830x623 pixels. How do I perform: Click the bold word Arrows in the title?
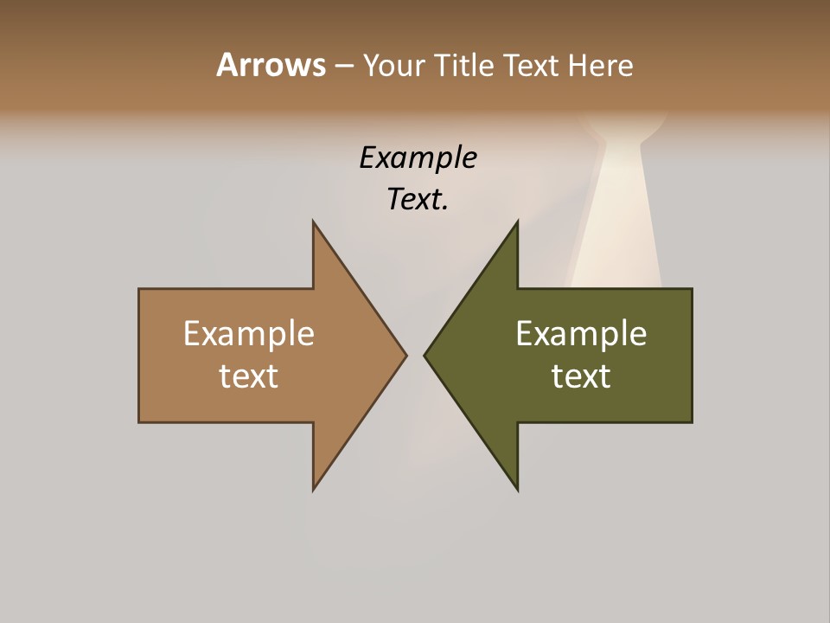pos(271,65)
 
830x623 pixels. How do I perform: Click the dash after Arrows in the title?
pos(343,67)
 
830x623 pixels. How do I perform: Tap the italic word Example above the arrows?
pos(418,157)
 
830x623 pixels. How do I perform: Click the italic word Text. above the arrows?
pos(418,199)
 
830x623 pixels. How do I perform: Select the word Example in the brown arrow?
pos(249,333)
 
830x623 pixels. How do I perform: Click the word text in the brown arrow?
pos(249,376)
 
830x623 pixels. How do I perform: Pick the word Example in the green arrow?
pos(581,333)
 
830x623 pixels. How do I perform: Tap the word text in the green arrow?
pos(581,376)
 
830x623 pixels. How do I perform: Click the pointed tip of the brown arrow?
pos(405,355)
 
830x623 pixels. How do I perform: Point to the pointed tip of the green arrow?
pos(425,355)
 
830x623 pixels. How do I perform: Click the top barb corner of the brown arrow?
pos(314,222)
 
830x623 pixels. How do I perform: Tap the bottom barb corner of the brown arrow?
pos(314,489)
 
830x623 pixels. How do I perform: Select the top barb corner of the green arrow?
pos(517,222)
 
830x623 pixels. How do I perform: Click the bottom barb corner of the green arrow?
pos(517,489)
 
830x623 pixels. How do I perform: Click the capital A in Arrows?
pos(227,65)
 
